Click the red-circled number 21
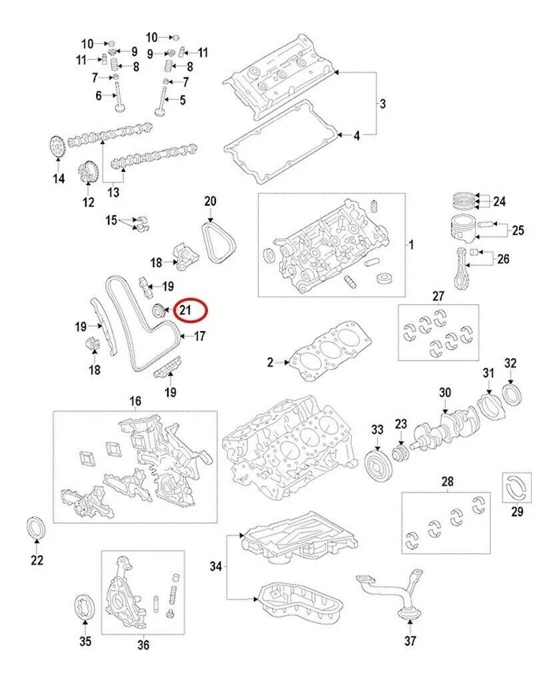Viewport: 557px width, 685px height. [x=185, y=310]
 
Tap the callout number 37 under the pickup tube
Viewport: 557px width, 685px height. [x=410, y=641]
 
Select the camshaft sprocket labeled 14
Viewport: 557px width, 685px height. [x=57, y=146]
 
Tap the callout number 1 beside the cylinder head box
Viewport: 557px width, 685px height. [x=412, y=245]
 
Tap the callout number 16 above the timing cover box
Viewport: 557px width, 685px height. [x=135, y=401]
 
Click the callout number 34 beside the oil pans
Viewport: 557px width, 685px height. [x=215, y=567]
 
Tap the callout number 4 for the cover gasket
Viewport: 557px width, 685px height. [x=356, y=135]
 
